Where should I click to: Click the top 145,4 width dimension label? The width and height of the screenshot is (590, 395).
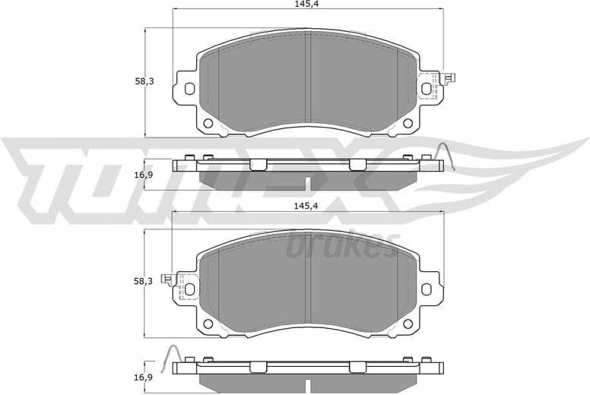pyautogui.click(x=307, y=5)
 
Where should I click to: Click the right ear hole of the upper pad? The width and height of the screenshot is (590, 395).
pyautogui.click(x=426, y=88)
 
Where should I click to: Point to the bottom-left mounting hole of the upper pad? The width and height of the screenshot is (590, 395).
pyautogui.click(x=208, y=123)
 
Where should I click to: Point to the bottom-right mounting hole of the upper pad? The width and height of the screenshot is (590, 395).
pyautogui.click(x=407, y=123)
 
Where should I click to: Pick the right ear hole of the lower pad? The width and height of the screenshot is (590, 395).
pyautogui.click(x=426, y=289)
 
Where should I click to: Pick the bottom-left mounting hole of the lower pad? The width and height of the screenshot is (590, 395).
pyautogui.click(x=208, y=324)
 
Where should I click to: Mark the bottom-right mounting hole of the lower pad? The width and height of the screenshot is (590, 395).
pyautogui.click(x=407, y=324)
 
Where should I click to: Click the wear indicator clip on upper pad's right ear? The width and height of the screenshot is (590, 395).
pyautogui.click(x=437, y=85)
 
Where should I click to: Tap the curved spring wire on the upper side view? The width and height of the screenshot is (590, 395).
pyautogui.click(x=446, y=156)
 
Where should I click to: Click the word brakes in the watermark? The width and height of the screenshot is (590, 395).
pyautogui.click(x=342, y=245)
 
